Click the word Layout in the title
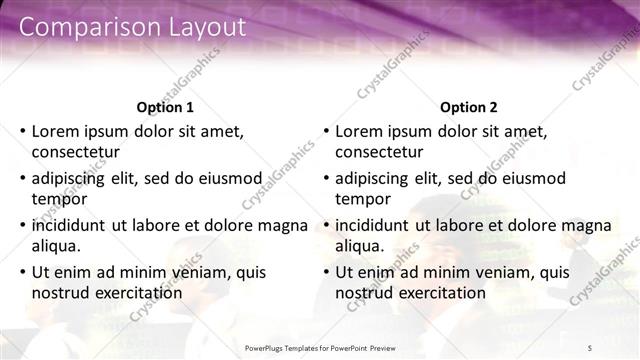tap(197, 28)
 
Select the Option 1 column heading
tap(165, 107)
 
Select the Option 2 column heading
tap(468, 107)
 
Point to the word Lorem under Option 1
tap(54, 130)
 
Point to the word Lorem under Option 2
tap(357, 130)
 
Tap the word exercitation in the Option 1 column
tap(137, 293)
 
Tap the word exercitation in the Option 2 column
tap(440, 293)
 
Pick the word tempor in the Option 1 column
tap(57, 200)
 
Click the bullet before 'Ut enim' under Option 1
tap(22, 272)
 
